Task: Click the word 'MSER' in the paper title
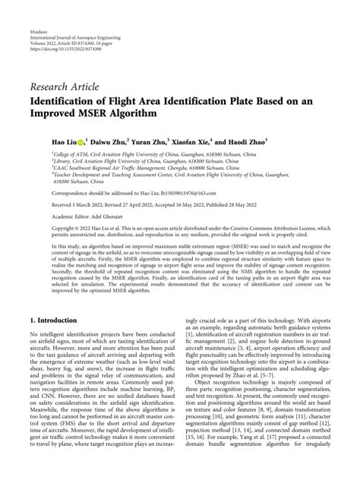[x=120, y=113]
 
